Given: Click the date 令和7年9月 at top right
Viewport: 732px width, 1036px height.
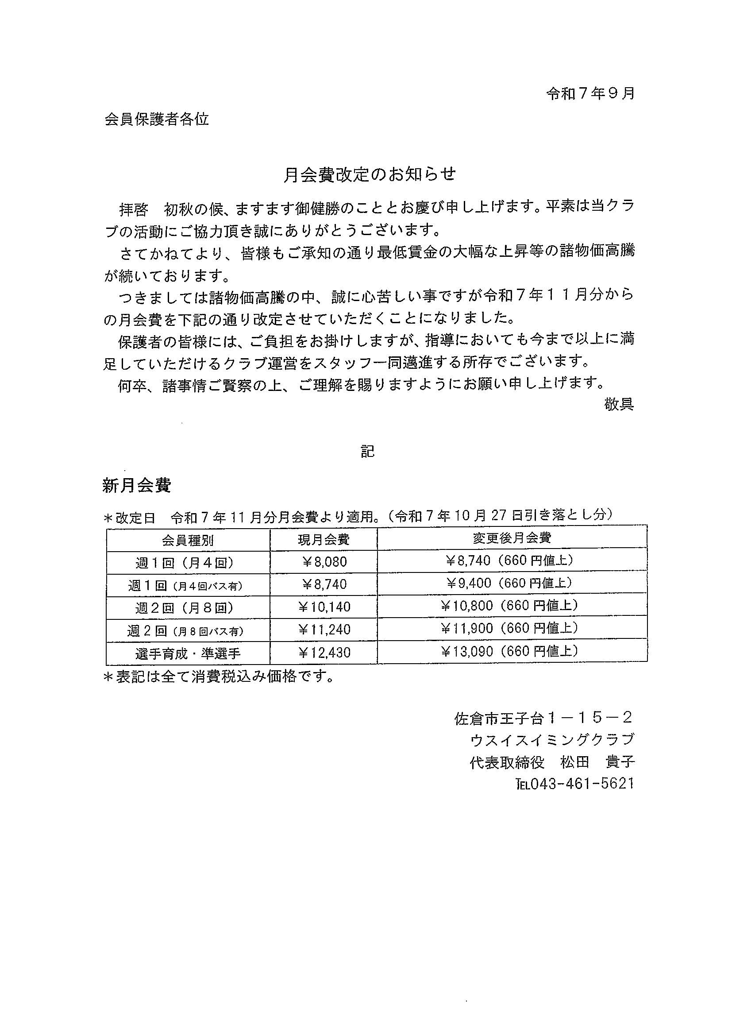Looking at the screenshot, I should coord(590,93).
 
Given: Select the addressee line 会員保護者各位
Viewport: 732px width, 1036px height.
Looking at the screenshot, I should coord(157,120).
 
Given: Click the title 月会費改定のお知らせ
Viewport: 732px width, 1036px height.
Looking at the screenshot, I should coord(370,174).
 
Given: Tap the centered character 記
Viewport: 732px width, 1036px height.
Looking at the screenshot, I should coord(367,452).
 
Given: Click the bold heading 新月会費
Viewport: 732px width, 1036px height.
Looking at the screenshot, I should coord(137,486).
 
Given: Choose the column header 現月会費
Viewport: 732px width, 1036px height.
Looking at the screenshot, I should coord(324,539).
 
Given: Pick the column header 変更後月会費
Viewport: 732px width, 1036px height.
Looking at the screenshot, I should coord(512,537).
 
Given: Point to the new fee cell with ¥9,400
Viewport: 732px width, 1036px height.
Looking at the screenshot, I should coord(511,583).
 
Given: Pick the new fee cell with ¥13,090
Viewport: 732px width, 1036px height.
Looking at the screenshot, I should coord(511,651).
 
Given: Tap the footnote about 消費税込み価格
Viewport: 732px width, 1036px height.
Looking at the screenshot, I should coord(218,677).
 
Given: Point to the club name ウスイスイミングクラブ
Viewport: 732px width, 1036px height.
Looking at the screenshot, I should coord(552,740).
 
